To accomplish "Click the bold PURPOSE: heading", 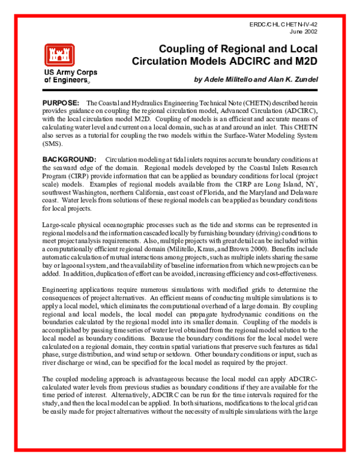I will [61, 104].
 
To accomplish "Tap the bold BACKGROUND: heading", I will [70, 159].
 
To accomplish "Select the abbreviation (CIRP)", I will [81, 175].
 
